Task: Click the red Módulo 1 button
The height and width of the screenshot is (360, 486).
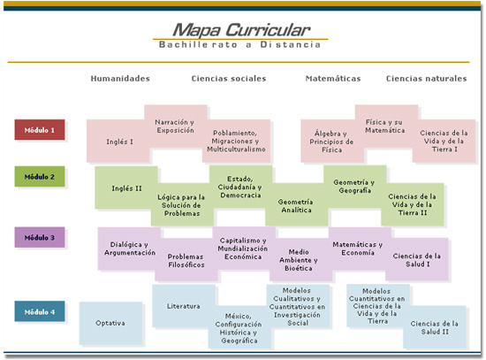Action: click(40, 130)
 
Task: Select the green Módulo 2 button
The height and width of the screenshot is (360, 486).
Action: click(40, 176)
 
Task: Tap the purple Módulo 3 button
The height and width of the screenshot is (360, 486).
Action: click(40, 237)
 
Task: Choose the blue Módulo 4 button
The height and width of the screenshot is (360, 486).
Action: click(40, 311)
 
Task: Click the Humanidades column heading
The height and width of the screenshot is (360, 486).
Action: click(120, 79)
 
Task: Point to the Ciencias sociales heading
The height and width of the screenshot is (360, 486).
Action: click(229, 79)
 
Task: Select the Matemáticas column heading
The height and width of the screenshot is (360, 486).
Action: click(333, 79)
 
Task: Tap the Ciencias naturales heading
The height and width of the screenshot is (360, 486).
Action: click(427, 79)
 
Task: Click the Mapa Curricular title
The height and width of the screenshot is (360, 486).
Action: click(241, 30)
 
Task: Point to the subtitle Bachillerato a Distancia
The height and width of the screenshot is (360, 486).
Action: click(239, 45)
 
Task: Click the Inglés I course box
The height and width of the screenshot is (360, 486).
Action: click(118, 142)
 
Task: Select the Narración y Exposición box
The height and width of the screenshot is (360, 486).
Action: click(176, 126)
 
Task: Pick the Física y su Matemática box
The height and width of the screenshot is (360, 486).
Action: click(386, 126)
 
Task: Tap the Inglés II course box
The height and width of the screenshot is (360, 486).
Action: click(126, 188)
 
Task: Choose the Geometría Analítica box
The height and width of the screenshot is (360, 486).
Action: click(297, 204)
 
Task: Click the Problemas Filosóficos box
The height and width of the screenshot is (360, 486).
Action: click(186, 260)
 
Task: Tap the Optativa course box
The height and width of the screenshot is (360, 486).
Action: click(110, 324)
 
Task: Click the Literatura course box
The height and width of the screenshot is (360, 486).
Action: click(184, 306)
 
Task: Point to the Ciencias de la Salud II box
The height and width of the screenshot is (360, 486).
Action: click(434, 327)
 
